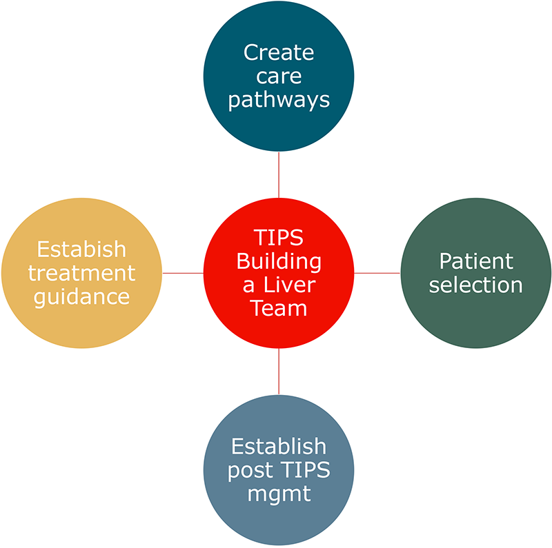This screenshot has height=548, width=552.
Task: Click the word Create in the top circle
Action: coord(279,52)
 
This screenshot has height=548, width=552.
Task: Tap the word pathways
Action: coord(279,100)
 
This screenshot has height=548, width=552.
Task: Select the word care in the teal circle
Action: coord(279,76)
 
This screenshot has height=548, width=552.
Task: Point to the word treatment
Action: coord(81,272)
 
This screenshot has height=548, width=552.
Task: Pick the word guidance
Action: coord(81,296)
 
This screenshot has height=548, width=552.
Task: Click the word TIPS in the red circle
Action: coord(279,239)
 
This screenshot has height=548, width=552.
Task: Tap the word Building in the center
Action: coord(279,262)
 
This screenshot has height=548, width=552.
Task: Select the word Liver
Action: coord(290,285)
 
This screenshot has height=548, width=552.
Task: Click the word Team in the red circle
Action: coord(279,309)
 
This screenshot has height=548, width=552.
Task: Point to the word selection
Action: coord(476,284)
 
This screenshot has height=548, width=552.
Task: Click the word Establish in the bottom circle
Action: coord(279,446)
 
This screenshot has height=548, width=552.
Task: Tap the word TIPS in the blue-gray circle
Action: coord(304,470)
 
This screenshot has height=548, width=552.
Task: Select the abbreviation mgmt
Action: coord(279,494)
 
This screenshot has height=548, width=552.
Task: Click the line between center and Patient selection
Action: coord(377,273)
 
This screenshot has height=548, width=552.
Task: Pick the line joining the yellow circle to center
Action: coord(183,273)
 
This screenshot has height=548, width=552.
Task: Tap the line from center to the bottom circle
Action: coord(279,372)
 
